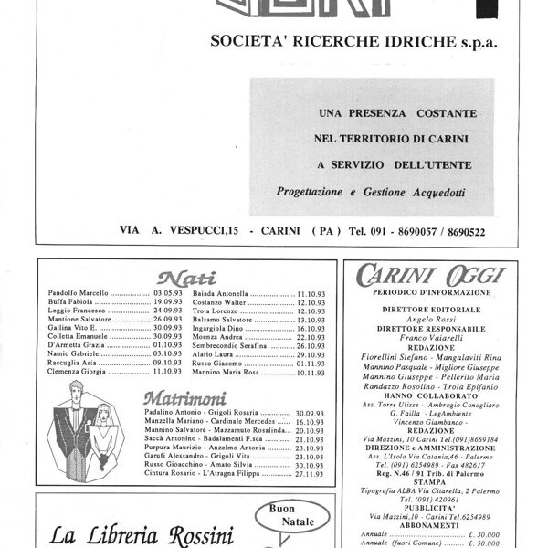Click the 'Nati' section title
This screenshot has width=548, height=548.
pyautogui.click(x=185, y=278)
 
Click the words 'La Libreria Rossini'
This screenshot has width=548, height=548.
pyautogui.click(x=142, y=535)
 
